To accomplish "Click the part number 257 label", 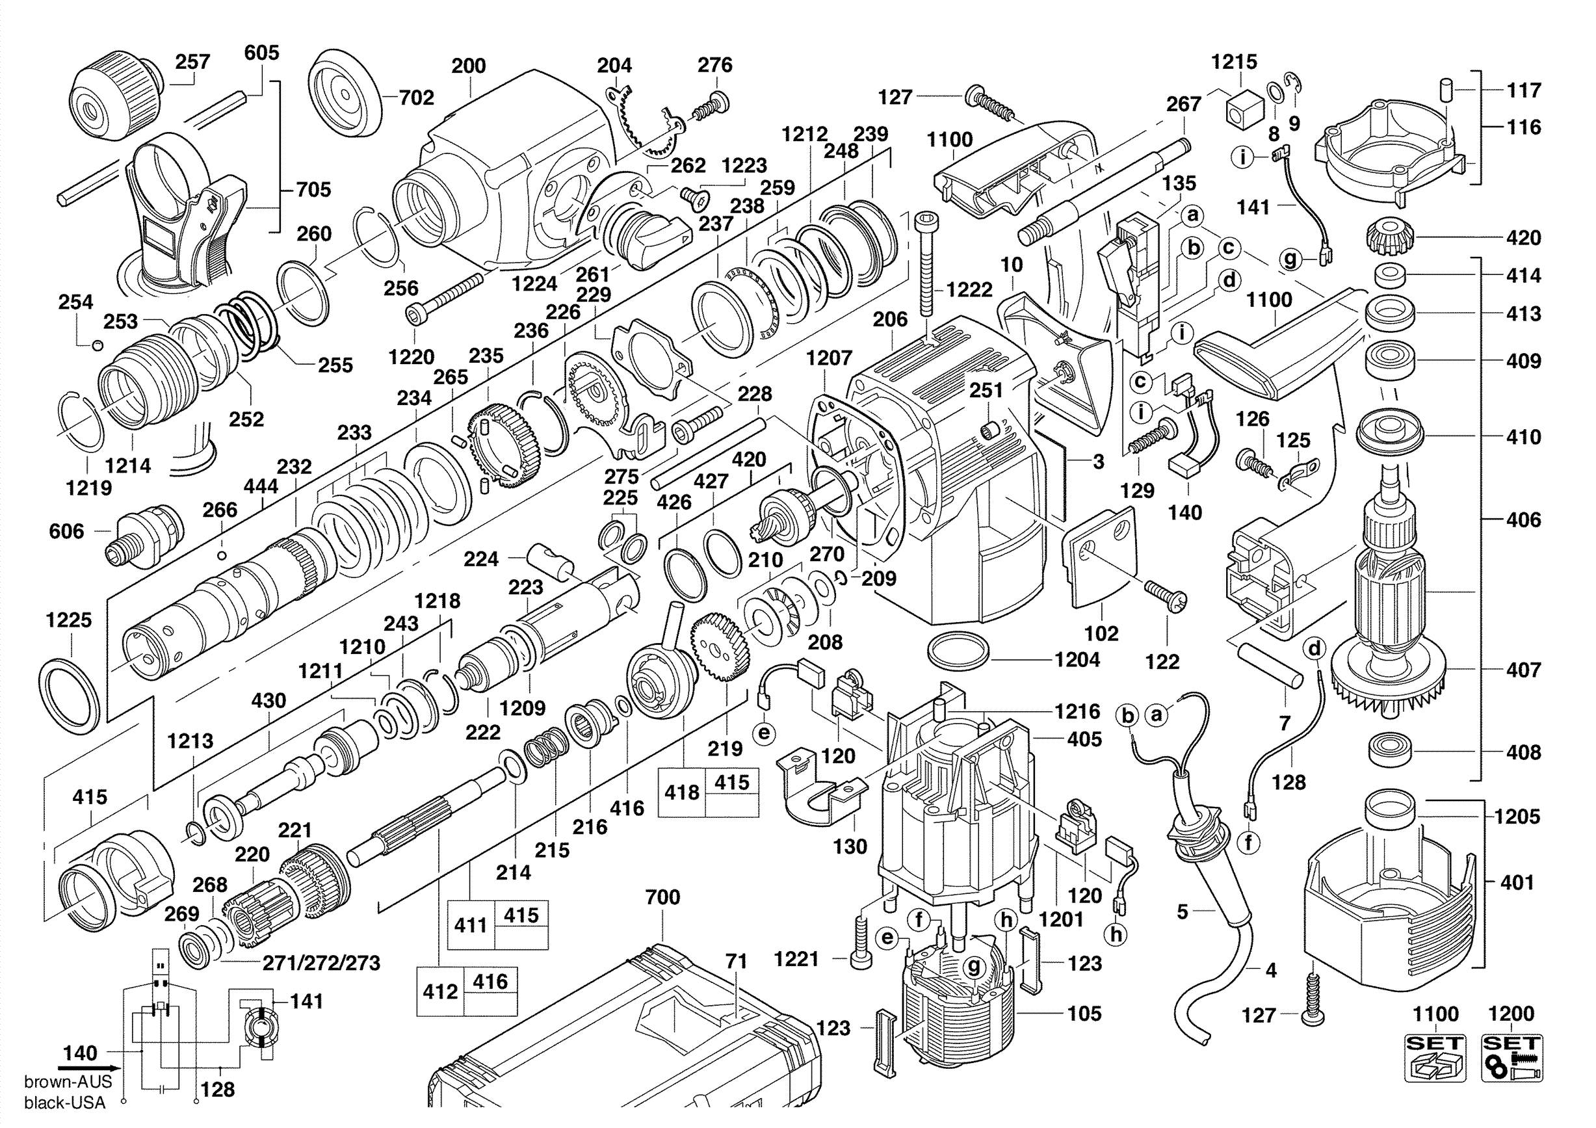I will tap(192, 62).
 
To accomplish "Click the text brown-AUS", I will tap(68, 1081).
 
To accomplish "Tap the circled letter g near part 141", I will tap(1291, 259).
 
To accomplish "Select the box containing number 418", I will tap(681, 793).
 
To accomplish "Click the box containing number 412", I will tap(439, 991).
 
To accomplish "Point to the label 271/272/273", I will tap(321, 963).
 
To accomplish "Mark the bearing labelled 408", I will tap(1391, 751).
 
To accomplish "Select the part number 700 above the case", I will tap(662, 897).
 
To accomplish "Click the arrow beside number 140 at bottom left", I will tap(87, 1068).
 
